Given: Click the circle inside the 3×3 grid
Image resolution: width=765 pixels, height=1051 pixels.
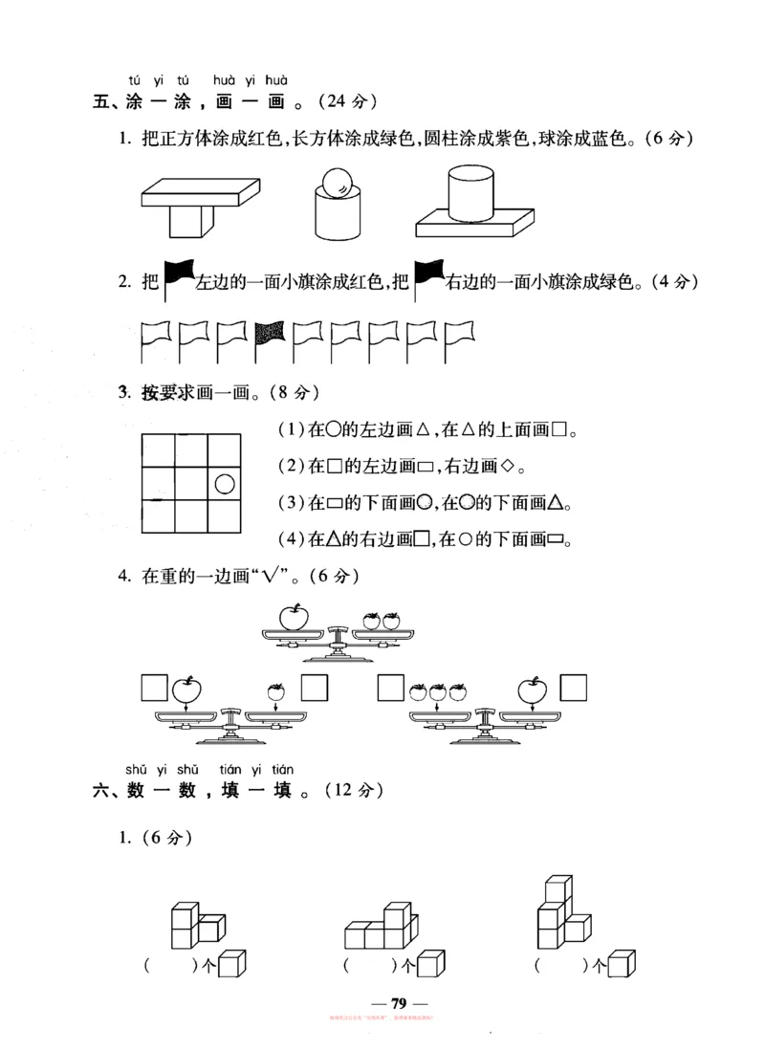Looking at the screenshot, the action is tap(224, 484).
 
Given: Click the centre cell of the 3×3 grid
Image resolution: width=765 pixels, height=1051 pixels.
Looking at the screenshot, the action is tap(190, 484).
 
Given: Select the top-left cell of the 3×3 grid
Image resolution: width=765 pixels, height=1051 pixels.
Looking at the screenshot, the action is tap(158, 450).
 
